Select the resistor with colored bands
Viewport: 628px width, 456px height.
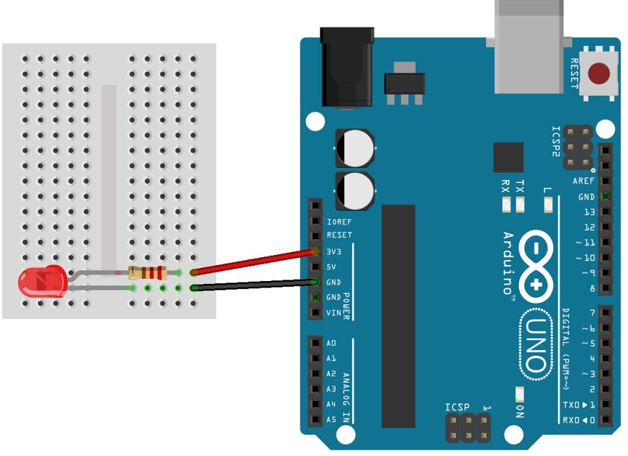pos(147,273)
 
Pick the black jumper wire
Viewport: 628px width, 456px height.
pos(252,285)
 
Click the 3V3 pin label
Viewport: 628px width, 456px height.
pos(334,252)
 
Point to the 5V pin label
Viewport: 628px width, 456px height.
pos(332,267)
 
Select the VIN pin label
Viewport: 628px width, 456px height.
pos(333,313)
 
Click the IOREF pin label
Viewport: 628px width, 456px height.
pos(338,222)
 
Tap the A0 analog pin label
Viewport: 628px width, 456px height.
pos(331,344)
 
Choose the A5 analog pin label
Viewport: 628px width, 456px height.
pos(331,419)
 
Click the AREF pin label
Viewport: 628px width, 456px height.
pos(583,182)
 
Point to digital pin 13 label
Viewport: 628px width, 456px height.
pos(590,213)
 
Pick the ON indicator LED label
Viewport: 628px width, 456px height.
pos(521,411)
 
